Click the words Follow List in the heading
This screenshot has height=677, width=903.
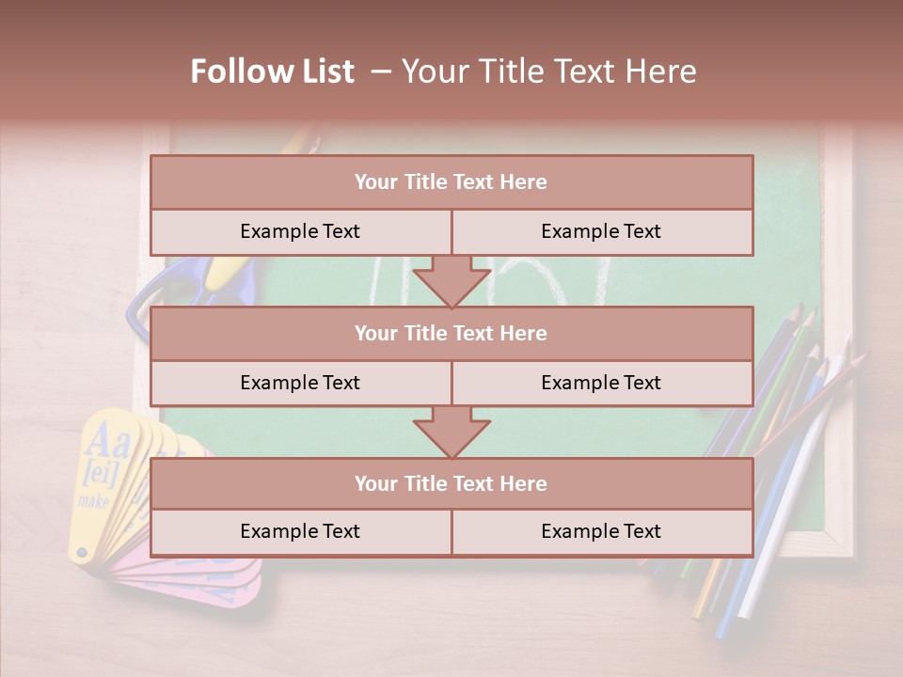[273, 71]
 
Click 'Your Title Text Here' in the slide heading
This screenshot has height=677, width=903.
[549, 71]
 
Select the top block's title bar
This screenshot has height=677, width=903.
[451, 182]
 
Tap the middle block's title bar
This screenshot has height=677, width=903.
[451, 333]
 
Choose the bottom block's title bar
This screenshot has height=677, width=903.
[451, 483]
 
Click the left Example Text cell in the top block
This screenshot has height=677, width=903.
[301, 231]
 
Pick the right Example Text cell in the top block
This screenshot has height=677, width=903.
[602, 231]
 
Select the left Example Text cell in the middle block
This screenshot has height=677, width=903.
[301, 383]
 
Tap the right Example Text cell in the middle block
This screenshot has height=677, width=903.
[602, 383]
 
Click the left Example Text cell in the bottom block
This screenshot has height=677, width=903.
[301, 531]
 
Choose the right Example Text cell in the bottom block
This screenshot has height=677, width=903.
[602, 531]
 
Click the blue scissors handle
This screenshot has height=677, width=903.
[141, 306]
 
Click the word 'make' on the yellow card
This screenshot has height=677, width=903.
[94, 501]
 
